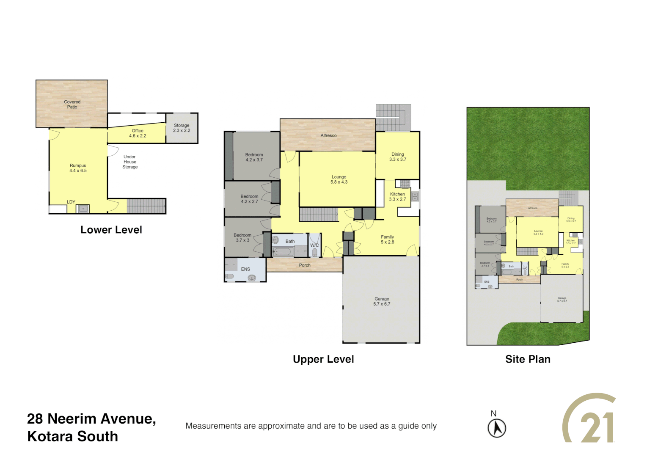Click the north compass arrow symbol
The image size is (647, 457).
click(497, 428)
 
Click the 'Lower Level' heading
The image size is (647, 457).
click(111, 230)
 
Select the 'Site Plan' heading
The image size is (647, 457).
click(528, 359)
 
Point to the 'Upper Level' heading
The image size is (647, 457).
click(323, 359)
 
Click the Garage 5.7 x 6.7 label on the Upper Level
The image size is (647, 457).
click(382, 301)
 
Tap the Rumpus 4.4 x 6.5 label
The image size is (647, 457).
click(78, 168)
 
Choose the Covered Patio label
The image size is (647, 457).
click(72, 105)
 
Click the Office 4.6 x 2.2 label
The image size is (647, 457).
click(138, 133)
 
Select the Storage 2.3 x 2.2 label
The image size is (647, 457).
click(182, 128)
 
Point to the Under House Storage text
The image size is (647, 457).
click(130, 162)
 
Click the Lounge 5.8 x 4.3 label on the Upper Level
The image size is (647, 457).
click(339, 179)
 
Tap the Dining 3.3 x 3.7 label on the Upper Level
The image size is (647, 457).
click(398, 157)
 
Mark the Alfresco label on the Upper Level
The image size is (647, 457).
click(328, 135)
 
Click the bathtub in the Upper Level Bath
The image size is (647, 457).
click(283, 252)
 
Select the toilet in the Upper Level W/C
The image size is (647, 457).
click(314, 253)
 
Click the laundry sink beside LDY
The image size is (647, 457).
click(83, 208)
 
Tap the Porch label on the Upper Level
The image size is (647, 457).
click(305, 265)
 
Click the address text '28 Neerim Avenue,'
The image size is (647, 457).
click(91, 418)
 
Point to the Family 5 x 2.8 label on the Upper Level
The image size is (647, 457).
click(387, 240)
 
